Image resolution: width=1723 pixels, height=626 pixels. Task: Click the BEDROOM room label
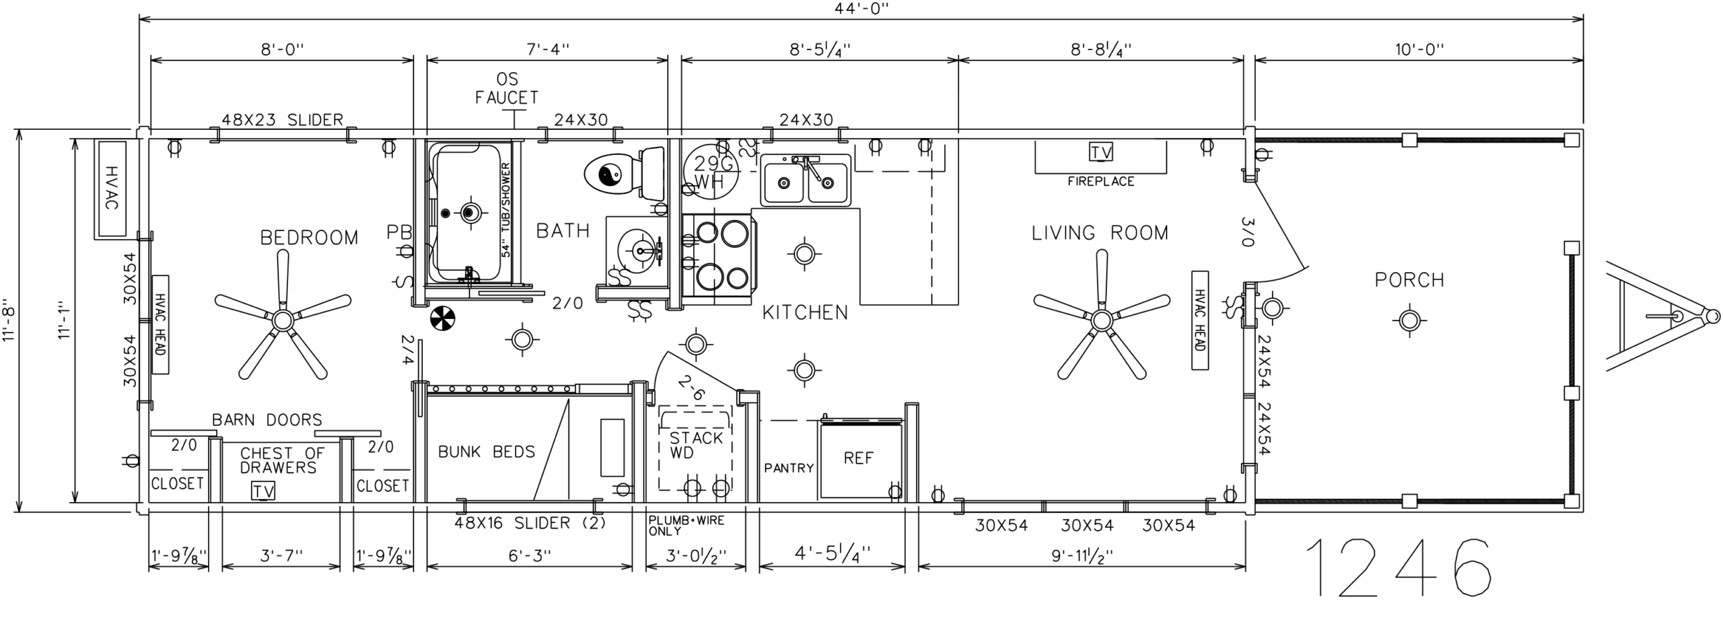point(309,238)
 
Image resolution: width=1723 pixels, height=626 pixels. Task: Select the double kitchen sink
point(806,179)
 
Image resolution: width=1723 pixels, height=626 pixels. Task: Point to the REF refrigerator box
point(861,459)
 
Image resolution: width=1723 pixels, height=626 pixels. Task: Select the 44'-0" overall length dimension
point(861,8)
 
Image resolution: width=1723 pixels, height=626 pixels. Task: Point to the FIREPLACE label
point(1100,181)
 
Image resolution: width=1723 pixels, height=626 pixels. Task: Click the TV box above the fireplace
point(1100,153)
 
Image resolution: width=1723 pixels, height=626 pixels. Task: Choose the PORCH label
point(1409,280)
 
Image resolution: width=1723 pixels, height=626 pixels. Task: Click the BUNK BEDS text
point(487,452)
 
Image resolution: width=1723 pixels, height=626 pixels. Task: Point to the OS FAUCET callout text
point(507,89)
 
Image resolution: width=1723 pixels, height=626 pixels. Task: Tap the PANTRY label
point(789,468)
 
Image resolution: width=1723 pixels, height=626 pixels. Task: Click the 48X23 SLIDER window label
point(283,120)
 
